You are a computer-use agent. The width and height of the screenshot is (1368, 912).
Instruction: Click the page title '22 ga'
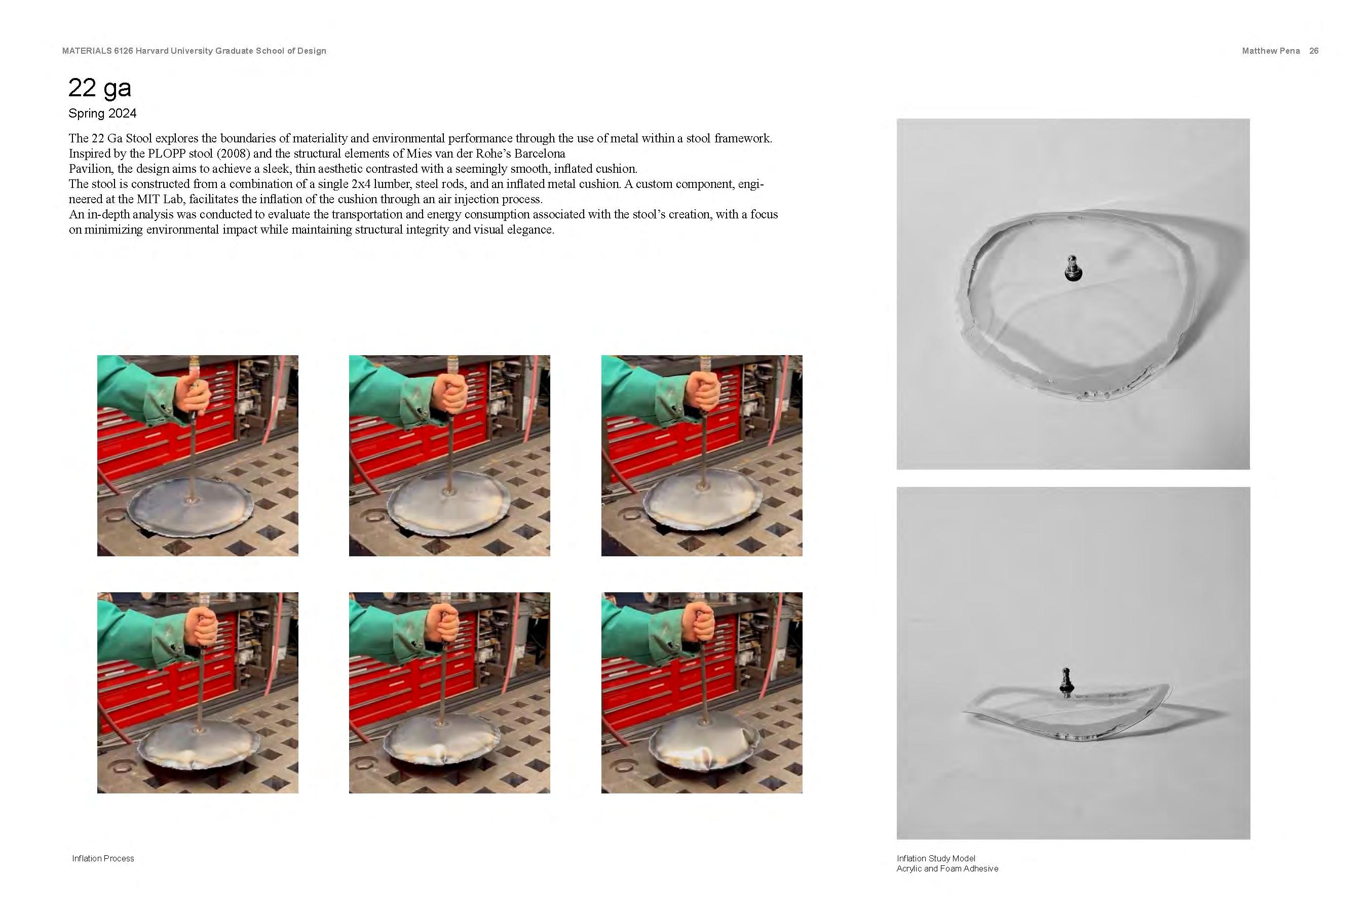99,88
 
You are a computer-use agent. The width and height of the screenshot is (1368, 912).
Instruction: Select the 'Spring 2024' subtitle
102,113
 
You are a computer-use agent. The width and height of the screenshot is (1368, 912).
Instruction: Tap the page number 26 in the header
1313,51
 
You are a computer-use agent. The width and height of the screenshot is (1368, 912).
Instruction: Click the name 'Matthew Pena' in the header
1270,51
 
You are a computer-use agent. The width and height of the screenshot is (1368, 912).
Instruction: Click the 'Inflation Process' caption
103,858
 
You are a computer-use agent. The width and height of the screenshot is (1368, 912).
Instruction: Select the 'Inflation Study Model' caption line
936,858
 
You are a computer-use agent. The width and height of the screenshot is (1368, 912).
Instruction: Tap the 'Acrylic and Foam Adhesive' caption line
947,869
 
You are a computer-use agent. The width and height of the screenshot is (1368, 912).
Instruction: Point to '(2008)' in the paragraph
231,154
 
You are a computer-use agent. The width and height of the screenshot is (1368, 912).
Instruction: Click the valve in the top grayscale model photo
1073,268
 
